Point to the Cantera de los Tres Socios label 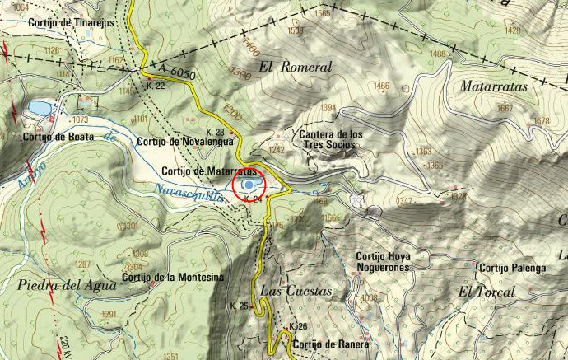point(328,139)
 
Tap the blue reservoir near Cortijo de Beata point(39,108)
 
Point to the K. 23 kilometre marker point(215,132)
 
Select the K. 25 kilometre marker point(239,306)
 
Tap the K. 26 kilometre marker point(297,327)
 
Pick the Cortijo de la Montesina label point(173,277)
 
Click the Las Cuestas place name point(296,292)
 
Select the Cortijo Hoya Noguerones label point(383,261)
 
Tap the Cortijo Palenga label point(513,268)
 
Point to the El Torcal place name point(487,292)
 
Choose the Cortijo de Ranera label point(330,344)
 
